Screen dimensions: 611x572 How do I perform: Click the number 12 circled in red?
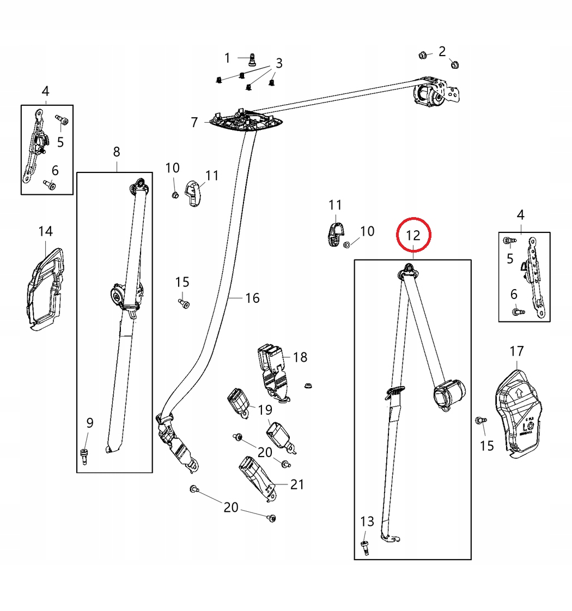413,236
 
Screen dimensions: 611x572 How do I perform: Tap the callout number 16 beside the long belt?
252,298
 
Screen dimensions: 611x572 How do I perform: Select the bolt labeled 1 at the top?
252,58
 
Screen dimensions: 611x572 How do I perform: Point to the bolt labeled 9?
84,454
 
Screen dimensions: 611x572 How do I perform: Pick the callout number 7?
194,122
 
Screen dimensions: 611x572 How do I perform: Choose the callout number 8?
117,152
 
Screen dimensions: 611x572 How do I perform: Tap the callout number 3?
279,63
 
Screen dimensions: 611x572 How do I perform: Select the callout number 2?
442,51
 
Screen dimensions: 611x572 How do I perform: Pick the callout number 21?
297,484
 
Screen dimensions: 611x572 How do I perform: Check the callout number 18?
300,357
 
